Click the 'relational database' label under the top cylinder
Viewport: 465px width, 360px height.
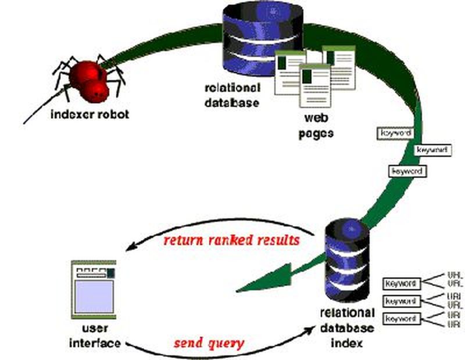click(232, 95)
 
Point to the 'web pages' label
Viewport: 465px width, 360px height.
click(317, 125)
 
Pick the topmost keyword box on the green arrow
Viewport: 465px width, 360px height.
click(395, 133)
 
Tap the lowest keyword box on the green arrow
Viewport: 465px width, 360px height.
click(408, 171)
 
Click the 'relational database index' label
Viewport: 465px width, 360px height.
click(342, 328)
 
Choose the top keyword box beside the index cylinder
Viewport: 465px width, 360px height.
click(400, 284)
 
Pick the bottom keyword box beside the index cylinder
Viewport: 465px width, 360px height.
click(400, 319)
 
